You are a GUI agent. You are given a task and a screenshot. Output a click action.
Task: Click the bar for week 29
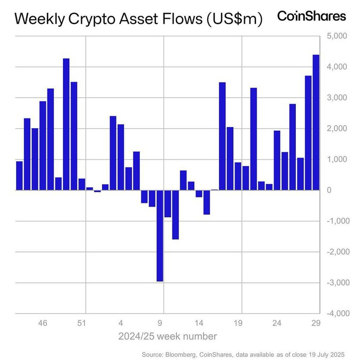click(316, 122)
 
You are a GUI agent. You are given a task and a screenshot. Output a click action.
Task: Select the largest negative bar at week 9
click(160, 235)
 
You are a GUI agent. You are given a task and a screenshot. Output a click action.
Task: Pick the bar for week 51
click(82, 184)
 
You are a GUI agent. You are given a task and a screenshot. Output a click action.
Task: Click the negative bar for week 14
click(199, 194)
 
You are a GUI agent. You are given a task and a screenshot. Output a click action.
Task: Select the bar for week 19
click(238, 176)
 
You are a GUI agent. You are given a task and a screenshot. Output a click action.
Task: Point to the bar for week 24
click(277, 160)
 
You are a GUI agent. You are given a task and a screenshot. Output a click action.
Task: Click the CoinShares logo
click(311, 17)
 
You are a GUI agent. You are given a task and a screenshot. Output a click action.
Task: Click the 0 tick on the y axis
click(329, 190)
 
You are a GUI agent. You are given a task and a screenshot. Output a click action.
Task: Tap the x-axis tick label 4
click(121, 323)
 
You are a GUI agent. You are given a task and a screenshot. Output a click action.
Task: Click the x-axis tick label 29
click(316, 323)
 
